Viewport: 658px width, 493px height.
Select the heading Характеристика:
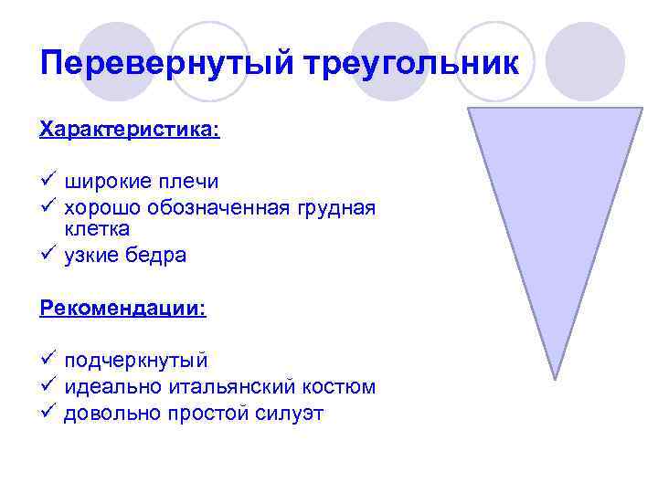point(130,130)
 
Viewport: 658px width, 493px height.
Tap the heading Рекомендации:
point(123,308)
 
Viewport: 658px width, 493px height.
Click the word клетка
point(96,228)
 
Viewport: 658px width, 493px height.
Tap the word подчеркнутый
point(136,361)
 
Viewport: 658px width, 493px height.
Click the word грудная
point(335,208)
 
